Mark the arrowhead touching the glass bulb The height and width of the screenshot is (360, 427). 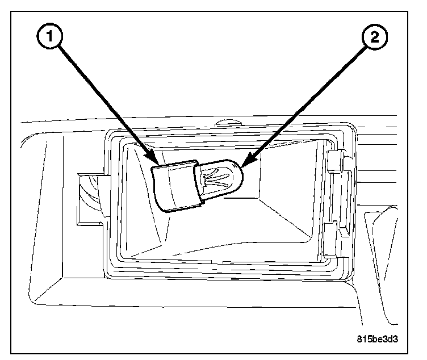click(245, 163)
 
